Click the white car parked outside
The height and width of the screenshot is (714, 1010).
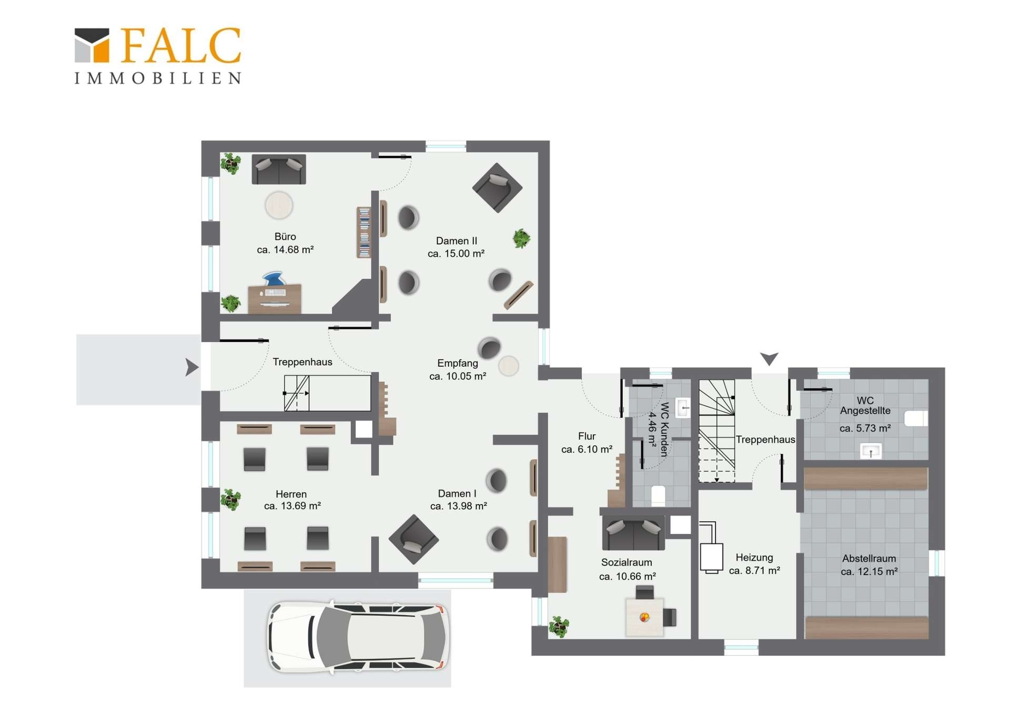tap(359, 637)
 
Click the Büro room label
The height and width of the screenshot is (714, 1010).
tap(285, 237)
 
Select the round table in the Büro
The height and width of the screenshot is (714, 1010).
tap(279, 205)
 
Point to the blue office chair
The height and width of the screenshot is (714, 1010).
tap(274, 279)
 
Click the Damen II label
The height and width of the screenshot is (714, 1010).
tap(457, 241)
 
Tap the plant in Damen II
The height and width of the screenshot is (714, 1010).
tap(521, 238)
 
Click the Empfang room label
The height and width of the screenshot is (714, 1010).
tap(458, 363)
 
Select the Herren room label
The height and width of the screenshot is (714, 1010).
tap(291, 494)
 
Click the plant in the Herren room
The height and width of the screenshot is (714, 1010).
tap(230, 499)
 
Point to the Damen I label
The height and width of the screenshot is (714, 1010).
tap(457, 494)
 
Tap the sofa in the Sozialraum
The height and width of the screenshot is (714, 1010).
tap(633, 532)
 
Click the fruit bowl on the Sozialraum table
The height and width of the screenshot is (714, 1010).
tap(644, 617)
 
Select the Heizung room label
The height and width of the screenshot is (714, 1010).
tap(754, 557)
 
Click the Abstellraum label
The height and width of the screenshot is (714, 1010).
tap(869, 558)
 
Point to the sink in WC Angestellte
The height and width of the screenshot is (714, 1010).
tap(871, 451)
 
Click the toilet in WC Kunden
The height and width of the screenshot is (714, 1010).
tap(658, 496)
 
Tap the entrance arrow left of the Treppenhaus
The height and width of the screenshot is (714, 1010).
tap(192, 367)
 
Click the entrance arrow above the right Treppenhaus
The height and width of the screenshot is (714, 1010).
tap(769, 359)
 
